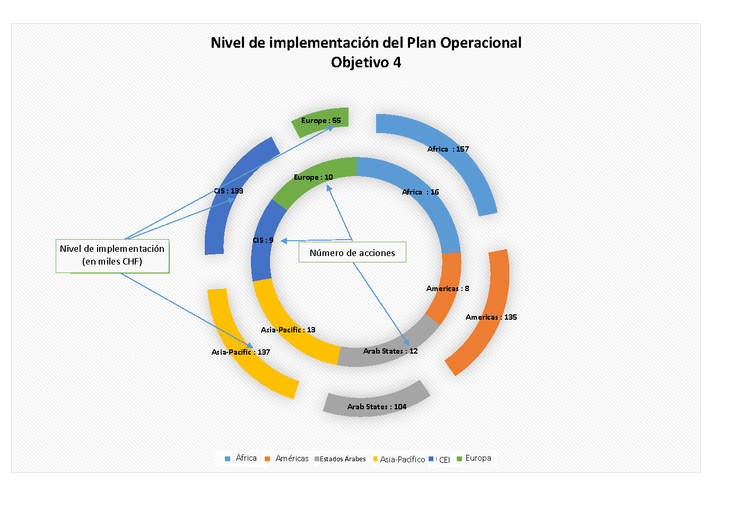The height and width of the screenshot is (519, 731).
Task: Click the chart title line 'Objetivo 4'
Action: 366,63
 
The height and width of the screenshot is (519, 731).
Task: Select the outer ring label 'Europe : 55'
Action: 321,121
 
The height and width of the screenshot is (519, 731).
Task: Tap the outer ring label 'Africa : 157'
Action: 448,149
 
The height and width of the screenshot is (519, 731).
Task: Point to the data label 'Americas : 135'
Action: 491,318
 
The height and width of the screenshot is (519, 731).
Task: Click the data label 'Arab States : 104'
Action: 377,407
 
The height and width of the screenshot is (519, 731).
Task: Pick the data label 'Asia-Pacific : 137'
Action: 241,353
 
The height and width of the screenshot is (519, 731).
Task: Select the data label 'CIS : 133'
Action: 229,191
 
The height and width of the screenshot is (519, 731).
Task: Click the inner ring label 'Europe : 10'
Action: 314,178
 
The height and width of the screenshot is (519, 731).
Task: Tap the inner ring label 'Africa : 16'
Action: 421,192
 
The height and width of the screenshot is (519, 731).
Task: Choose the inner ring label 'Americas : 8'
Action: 448,289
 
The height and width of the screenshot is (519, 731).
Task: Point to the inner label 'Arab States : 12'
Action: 390,351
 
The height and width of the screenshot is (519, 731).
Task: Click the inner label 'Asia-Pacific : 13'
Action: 288,330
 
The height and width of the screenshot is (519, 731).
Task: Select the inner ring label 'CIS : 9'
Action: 263,241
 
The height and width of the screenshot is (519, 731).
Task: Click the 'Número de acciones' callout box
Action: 352,253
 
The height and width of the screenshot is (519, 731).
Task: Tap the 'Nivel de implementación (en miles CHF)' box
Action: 112,256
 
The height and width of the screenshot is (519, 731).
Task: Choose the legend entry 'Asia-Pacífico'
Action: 402,460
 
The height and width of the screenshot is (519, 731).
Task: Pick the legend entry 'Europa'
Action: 478,459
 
